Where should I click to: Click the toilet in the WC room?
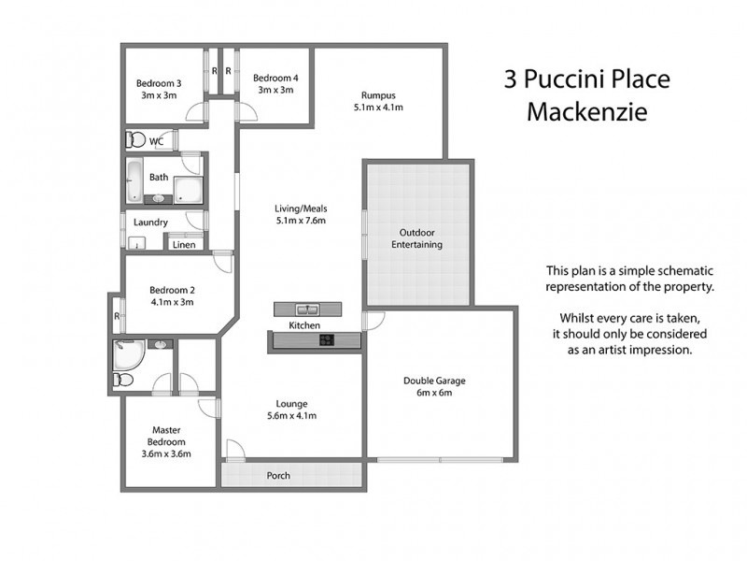(136, 140)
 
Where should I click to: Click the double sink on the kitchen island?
(307, 309)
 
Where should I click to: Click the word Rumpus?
(379, 93)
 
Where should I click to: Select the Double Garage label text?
(434, 381)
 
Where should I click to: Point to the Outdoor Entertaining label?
(420, 238)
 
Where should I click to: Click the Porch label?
(278, 476)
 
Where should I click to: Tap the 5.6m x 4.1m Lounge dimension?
(291, 416)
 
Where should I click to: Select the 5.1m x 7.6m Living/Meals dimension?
(300, 222)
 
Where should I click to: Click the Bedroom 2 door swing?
(222, 262)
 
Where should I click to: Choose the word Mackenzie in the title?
(585, 111)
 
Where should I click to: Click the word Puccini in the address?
(571, 79)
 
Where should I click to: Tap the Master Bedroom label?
(167, 437)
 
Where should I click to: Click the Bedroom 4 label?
(275, 79)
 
